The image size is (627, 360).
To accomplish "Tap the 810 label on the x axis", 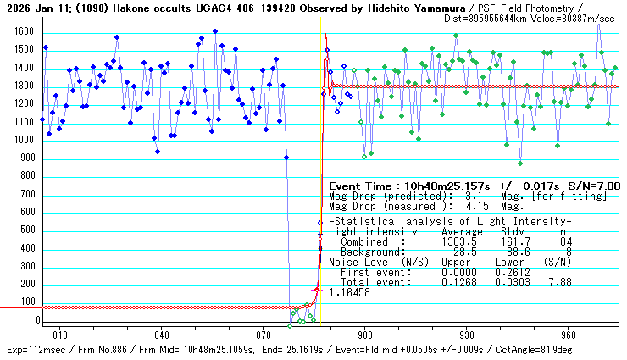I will point(59,335).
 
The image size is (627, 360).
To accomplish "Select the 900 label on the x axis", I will point(364,335).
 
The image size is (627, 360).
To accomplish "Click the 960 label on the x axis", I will point(568,335).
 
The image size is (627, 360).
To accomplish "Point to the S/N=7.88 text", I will point(599,186).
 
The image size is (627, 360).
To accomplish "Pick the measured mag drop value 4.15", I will point(471,206).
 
